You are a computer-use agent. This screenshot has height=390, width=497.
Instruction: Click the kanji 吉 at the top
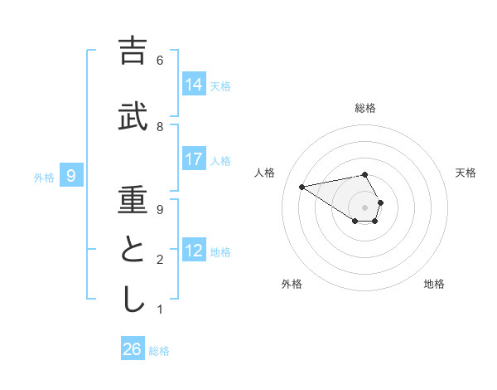tap(133, 52)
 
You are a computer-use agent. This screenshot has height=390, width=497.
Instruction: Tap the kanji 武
tap(133, 118)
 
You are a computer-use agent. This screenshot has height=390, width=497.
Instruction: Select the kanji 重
tap(133, 201)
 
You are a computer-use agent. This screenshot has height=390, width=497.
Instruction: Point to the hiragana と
tap(133, 251)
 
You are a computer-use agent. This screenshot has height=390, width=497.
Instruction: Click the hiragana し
tap(133, 300)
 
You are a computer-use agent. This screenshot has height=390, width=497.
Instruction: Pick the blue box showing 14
tap(194, 84)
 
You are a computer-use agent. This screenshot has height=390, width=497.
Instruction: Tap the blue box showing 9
tap(71, 175)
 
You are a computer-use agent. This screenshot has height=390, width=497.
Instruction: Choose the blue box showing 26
tap(133, 349)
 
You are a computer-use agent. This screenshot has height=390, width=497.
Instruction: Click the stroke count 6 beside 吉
tap(159, 61)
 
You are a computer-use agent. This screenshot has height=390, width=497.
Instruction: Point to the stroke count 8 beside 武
tap(159, 127)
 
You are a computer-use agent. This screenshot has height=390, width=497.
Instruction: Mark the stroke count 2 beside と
tap(159, 260)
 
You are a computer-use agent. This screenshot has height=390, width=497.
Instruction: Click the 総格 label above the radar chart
tap(365, 108)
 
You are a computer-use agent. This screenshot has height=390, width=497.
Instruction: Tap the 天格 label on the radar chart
tap(466, 173)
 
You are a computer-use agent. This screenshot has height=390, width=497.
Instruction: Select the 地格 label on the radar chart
tap(434, 284)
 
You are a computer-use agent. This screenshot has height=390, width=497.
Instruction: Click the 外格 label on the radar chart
tap(292, 284)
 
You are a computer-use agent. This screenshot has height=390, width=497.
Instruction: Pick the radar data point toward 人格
tap(302, 186)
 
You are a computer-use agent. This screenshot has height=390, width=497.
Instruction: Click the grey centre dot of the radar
tap(365, 207)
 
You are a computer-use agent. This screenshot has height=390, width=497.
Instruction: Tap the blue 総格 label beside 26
tap(159, 351)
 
